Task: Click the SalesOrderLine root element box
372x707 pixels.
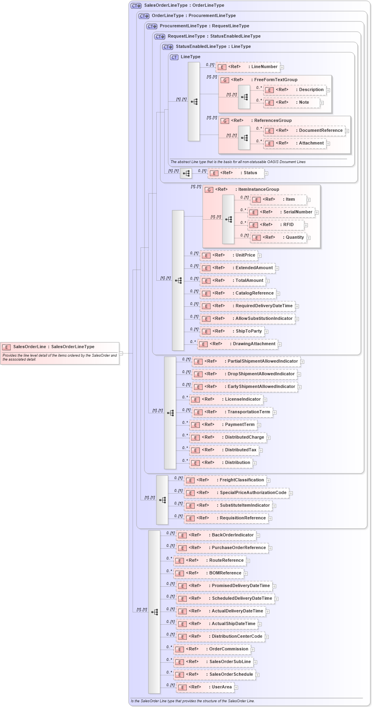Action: (x=60, y=347)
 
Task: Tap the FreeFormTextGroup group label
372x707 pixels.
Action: (x=275, y=80)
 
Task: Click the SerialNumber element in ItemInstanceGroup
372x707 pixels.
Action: (x=281, y=212)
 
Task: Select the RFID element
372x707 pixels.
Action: (x=276, y=225)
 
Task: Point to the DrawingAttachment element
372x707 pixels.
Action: (x=238, y=344)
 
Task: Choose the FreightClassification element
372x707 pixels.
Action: (x=226, y=480)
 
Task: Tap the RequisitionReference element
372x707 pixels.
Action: (x=226, y=518)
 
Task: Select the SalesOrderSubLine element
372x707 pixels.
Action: (x=214, y=662)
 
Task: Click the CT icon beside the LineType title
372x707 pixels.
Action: (x=174, y=57)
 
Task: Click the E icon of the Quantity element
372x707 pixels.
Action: (x=256, y=238)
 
